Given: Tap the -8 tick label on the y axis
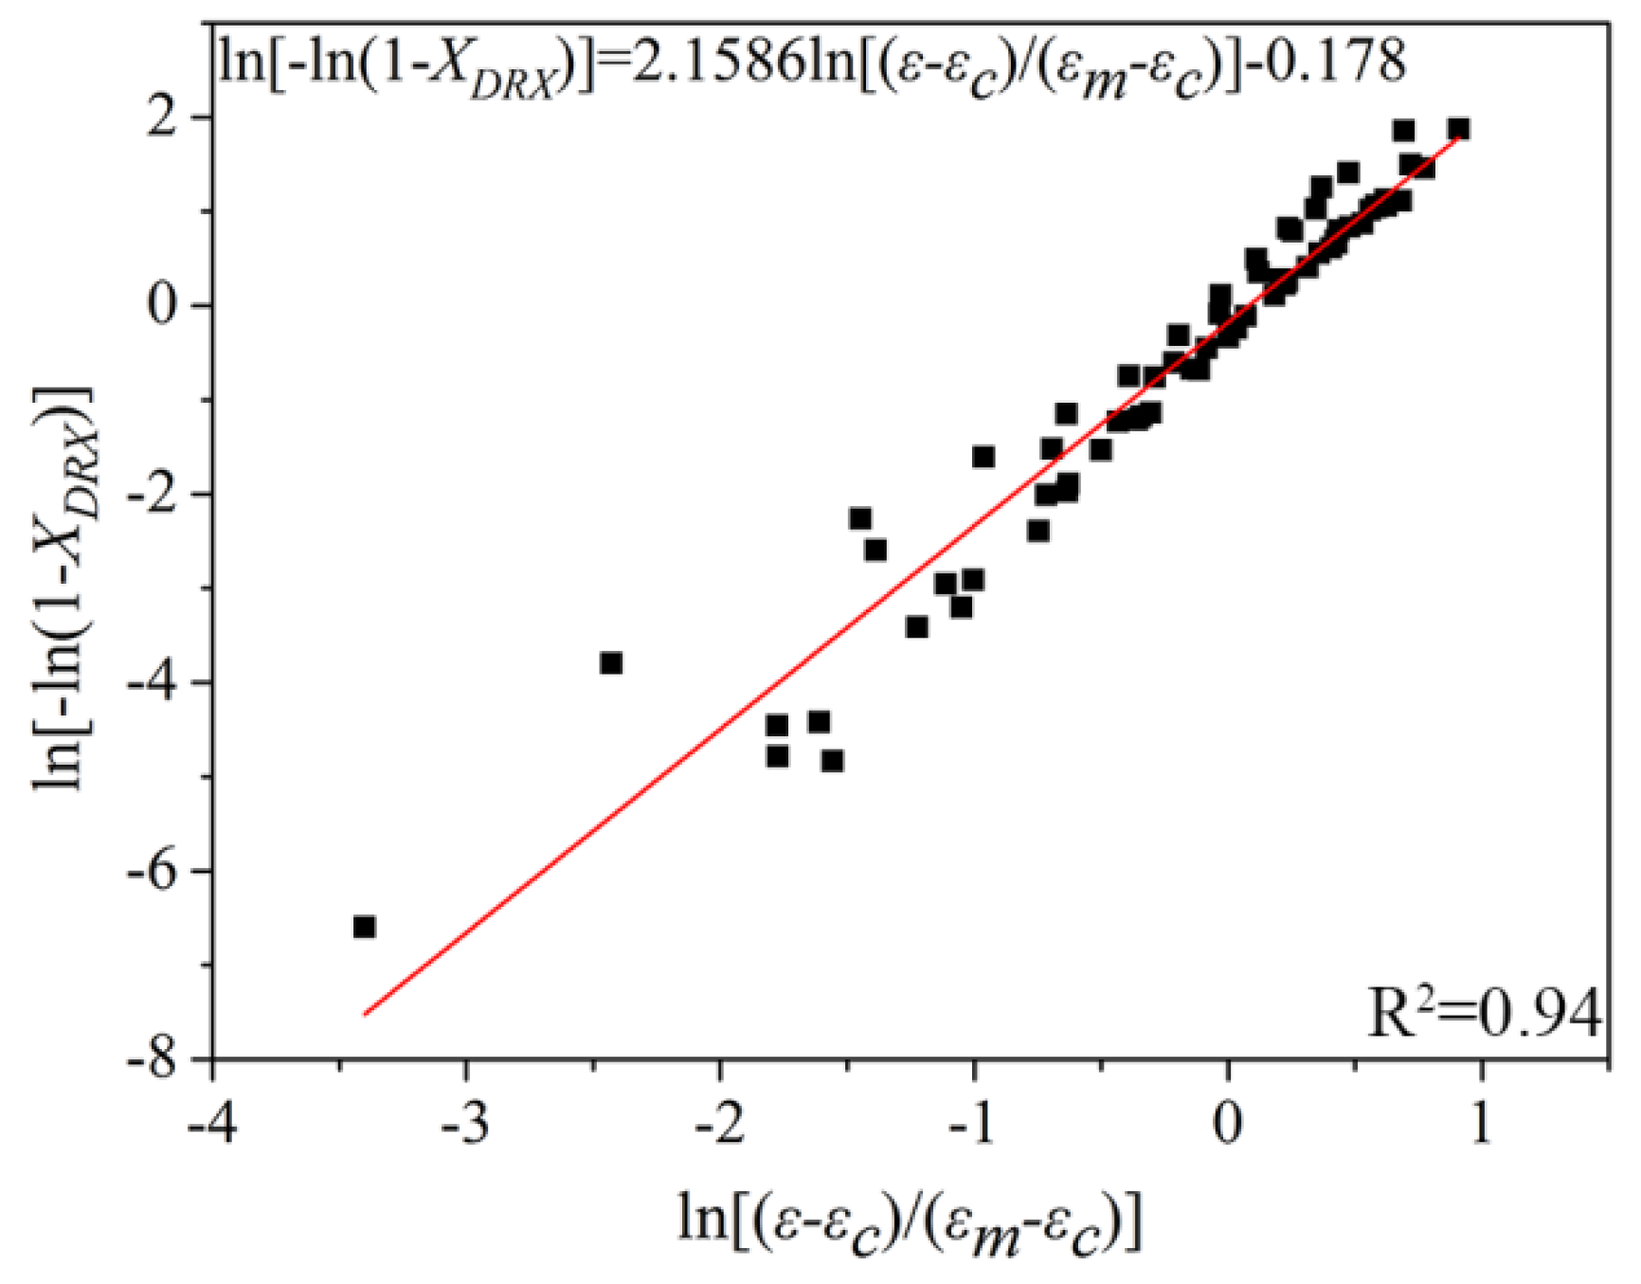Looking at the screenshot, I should (153, 1058).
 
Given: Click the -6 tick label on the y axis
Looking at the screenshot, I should (153, 871).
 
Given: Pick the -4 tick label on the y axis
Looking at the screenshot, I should (153, 682).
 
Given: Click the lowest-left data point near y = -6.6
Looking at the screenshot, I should (364, 927).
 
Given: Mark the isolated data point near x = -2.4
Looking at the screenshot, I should (611, 663).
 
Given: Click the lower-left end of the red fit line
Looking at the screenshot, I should (365, 1014).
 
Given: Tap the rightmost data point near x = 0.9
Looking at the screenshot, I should (1458, 129).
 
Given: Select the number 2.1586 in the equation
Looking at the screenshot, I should (716, 63).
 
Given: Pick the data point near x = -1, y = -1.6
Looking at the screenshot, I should (983, 458).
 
